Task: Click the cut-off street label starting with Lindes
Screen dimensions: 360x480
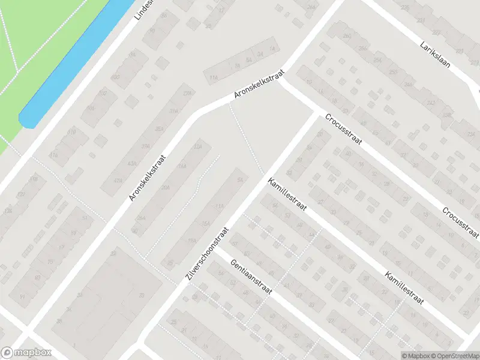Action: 144,10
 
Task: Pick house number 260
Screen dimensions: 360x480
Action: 347,36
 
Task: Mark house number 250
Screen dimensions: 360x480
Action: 392,72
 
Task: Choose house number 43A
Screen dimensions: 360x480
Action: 131,164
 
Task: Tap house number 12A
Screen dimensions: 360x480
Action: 197,146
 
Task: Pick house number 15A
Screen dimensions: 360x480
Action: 206,223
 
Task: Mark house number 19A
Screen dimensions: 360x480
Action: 192,241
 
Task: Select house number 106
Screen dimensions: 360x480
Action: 90,108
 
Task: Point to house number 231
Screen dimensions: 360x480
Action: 421,20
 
